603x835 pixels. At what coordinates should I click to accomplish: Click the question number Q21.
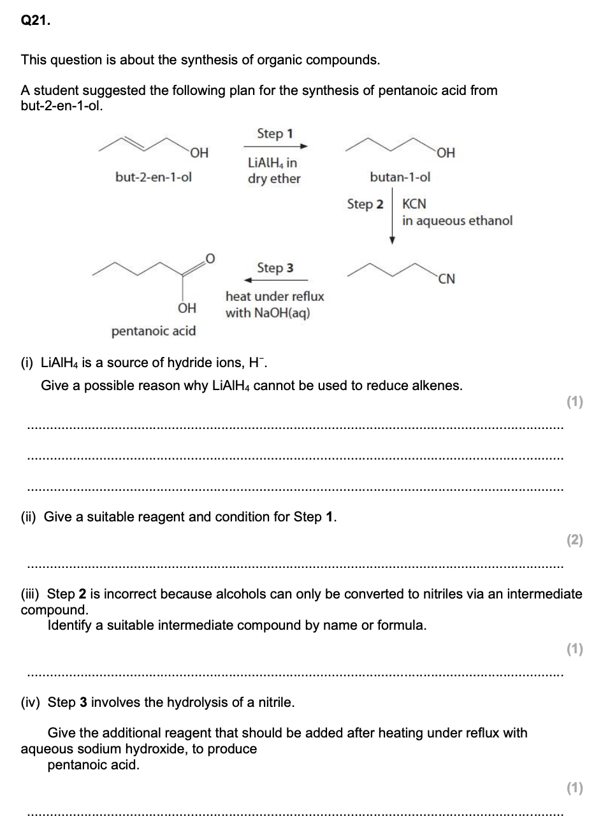click(36, 20)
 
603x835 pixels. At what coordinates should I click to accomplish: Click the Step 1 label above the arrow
click(275, 134)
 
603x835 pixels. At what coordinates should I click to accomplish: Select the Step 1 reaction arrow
click(275, 146)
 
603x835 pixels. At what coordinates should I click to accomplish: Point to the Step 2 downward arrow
click(392, 216)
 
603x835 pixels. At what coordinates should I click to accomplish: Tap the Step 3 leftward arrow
click(276, 280)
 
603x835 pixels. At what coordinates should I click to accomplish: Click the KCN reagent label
click(414, 204)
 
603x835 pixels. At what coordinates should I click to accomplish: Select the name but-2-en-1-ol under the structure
click(154, 177)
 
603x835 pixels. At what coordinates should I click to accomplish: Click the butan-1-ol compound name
click(400, 177)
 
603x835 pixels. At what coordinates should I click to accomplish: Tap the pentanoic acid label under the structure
click(154, 331)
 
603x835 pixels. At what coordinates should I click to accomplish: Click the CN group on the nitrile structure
click(446, 279)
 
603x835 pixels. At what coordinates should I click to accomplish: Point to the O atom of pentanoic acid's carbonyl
click(210, 259)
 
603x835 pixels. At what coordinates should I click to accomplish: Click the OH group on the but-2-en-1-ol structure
click(200, 153)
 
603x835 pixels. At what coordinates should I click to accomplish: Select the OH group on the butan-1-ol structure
click(446, 153)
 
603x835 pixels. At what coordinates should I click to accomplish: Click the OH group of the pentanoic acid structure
click(187, 309)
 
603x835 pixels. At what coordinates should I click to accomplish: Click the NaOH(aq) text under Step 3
click(282, 313)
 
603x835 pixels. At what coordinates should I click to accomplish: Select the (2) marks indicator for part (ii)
click(575, 540)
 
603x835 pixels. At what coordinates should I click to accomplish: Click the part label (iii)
click(30, 594)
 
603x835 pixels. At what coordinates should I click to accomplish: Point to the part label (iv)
click(30, 702)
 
